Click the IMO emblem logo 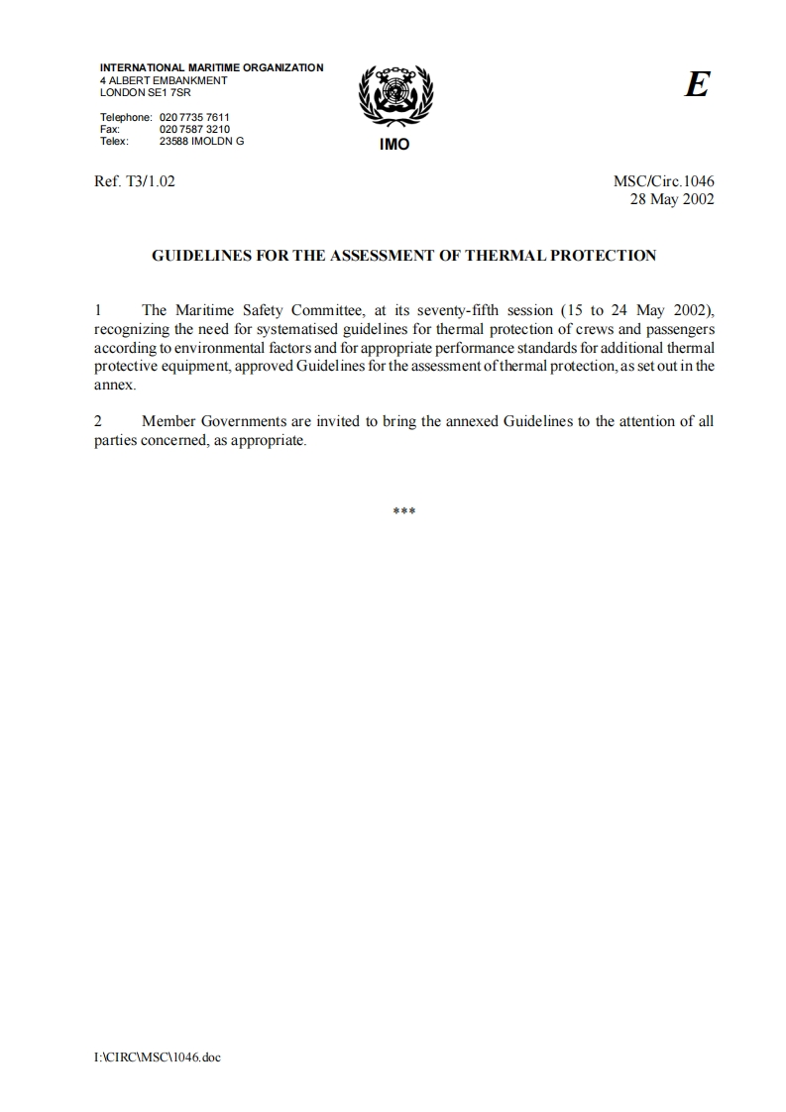393,97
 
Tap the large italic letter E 697,86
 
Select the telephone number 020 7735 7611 194,117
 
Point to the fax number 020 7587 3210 194,129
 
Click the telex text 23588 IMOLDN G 201,141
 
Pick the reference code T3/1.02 148,182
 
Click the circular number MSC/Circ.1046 664,182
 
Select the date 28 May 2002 672,198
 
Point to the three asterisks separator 403,511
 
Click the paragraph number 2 98,421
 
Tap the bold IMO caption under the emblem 393,145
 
